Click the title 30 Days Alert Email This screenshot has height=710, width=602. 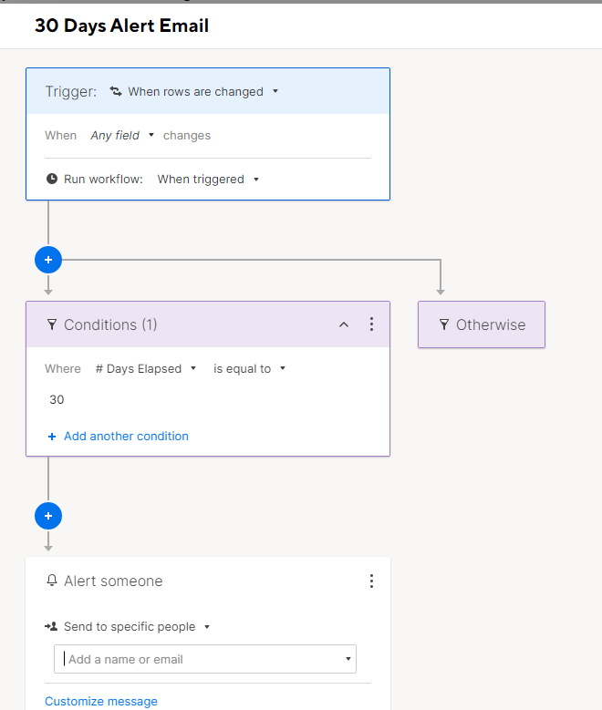(x=121, y=26)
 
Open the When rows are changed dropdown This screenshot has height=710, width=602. (x=194, y=91)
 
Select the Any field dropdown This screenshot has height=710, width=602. (x=122, y=136)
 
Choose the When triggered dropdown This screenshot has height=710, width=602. (x=208, y=180)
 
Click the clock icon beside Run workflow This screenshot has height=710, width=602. (x=52, y=179)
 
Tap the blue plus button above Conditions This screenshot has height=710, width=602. (x=48, y=260)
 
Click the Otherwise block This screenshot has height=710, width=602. (x=482, y=324)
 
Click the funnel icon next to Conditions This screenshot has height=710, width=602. (x=52, y=324)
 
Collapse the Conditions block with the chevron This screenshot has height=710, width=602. (x=344, y=324)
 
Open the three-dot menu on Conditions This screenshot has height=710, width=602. (x=371, y=324)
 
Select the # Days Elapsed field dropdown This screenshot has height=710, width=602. (x=146, y=368)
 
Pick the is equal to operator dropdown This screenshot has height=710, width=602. (x=249, y=368)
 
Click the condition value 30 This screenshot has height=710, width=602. (x=57, y=399)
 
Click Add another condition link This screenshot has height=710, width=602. (x=118, y=436)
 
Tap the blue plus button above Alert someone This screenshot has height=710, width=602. (x=48, y=516)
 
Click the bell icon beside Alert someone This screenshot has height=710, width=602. (x=52, y=581)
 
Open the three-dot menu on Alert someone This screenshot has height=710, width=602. (x=371, y=581)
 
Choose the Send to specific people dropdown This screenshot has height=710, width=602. (x=128, y=627)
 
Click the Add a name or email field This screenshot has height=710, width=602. (x=205, y=659)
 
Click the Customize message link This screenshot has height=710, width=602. (x=101, y=701)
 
